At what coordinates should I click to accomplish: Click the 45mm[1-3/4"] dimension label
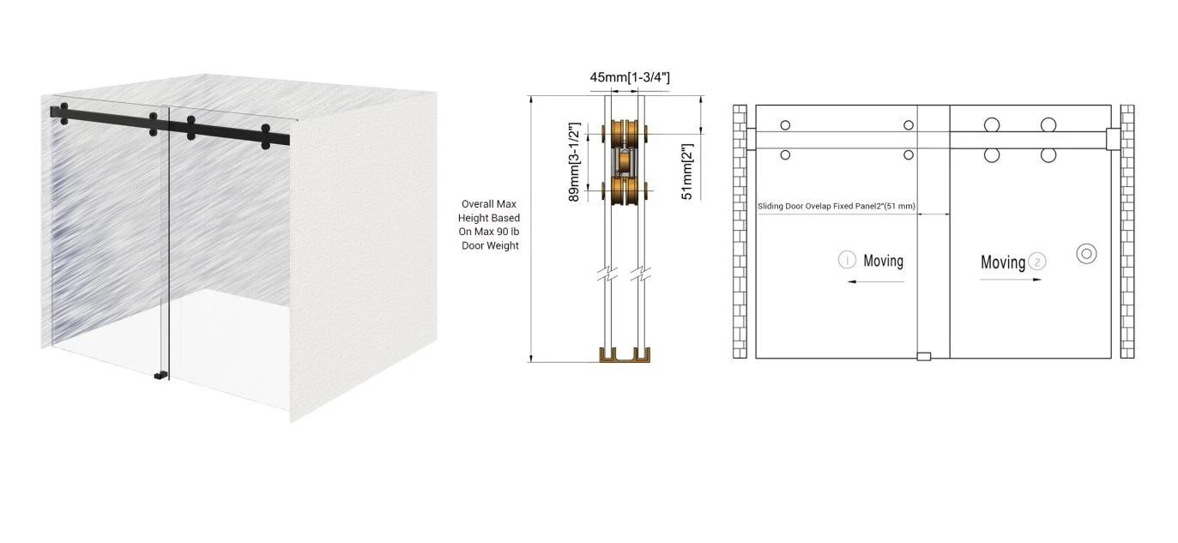click(x=629, y=77)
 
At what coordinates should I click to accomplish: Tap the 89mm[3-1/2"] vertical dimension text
click(x=575, y=162)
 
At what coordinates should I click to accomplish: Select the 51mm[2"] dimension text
click(x=686, y=172)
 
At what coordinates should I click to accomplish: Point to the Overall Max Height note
click(x=489, y=225)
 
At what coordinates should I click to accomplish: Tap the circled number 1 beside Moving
click(x=847, y=260)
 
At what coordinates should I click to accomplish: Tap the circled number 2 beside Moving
click(x=1037, y=262)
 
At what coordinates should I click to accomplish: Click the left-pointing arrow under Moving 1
click(x=874, y=281)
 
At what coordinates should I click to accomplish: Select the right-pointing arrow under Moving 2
click(x=1012, y=280)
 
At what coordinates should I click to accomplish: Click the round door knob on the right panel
click(x=1086, y=254)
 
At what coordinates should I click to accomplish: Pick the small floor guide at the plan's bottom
click(x=923, y=356)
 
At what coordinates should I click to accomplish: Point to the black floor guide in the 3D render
click(x=160, y=375)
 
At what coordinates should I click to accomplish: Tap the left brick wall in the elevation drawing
click(x=740, y=232)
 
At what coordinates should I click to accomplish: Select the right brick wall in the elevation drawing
click(x=1127, y=232)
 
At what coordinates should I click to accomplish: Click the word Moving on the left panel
click(x=883, y=261)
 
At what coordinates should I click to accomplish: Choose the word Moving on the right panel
click(x=1003, y=262)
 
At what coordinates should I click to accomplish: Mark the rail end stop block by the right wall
click(x=1114, y=139)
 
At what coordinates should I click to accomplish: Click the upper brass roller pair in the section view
click(x=624, y=135)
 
